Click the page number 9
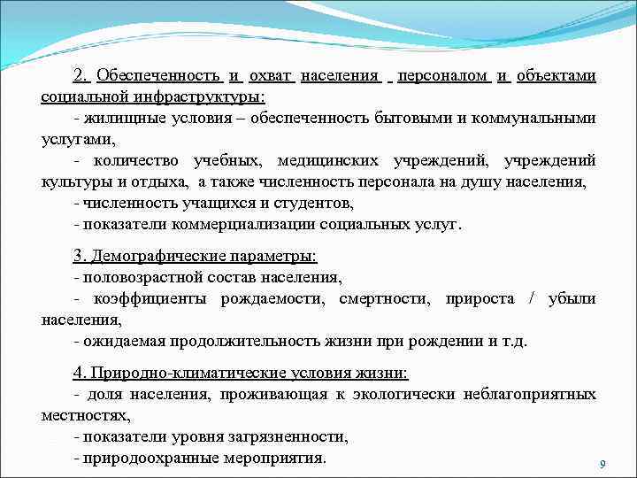(x=602, y=465)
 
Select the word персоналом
(x=443, y=76)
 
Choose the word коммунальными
(x=541, y=118)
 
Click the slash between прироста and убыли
(x=531, y=299)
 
